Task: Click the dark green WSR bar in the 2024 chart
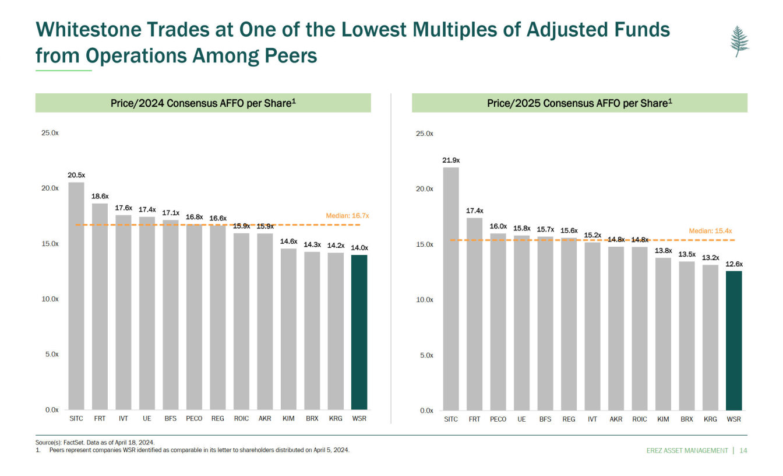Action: point(359,332)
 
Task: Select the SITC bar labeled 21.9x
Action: point(451,289)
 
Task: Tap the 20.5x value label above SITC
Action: point(76,175)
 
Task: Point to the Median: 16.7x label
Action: point(348,216)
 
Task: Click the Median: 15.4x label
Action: point(710,231)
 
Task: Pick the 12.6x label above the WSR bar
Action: point(734,264)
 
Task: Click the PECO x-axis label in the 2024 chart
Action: point(194,419)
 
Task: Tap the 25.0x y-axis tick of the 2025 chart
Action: point(424,134)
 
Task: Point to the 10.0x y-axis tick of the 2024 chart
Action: point(51,299)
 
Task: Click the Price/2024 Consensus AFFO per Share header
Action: point(203,103)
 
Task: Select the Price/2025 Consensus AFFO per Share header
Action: point(580,103)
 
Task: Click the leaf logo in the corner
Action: point(739,41)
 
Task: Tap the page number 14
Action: point(743,450)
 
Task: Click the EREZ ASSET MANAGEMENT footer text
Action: point(687,450)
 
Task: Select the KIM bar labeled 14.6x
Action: point(288,329)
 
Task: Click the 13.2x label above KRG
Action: point(710,257)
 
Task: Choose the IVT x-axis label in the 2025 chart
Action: point(592,419)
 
